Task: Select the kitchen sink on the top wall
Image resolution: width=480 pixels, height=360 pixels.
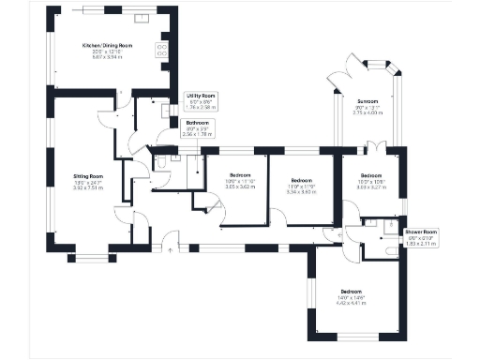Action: [146, 17]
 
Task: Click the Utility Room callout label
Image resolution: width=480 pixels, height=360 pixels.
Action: [202, 96]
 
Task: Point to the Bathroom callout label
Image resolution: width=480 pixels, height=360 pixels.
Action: [197, 123]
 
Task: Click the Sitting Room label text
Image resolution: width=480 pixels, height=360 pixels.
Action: [89, 175]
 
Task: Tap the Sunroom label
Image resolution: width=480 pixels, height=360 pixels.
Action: [367, 100]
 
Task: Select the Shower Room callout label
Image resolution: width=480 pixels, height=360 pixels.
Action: [421, 231]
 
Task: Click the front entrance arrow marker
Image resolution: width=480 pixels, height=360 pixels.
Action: [169, 248]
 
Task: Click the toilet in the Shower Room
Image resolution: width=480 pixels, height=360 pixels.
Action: [390, 251]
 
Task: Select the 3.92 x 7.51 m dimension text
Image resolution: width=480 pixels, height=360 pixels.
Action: [89, 188]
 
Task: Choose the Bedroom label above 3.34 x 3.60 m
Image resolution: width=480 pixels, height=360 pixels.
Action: [301, 180]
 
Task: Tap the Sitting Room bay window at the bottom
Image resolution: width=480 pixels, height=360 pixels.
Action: [91, 255]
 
